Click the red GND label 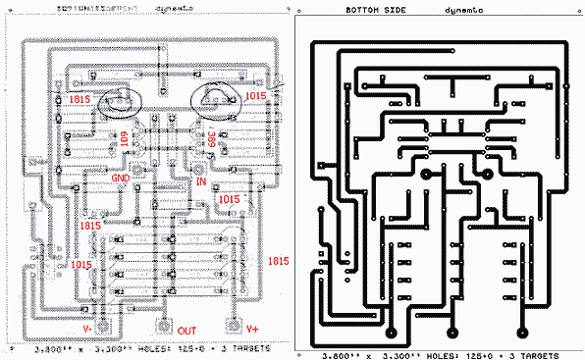[120, 179]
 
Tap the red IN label [202, 182]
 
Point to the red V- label [88, 329]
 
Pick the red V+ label [253, 329]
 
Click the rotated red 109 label [125, 143]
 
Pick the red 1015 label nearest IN [228, 199]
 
